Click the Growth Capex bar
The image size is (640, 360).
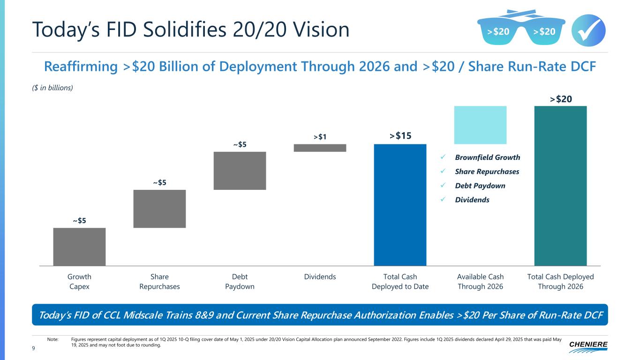coord(79,247)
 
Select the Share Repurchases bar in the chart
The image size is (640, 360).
coord(159,209)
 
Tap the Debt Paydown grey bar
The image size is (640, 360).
coord(240,171)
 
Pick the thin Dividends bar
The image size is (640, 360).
coord(320,148)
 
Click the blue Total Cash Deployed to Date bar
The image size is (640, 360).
coord(400,204)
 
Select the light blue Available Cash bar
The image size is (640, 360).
coord(480,125)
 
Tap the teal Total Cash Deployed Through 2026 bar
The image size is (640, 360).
coord(560,186)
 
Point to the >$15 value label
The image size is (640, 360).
coord(400,136)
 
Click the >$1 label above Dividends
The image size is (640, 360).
coord(320,137)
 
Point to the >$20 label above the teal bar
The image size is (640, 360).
coord(561,99)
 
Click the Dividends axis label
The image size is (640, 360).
coord(320,277)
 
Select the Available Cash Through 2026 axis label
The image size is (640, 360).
coord(480,281)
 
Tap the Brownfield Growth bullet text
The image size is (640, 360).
coord(488,157)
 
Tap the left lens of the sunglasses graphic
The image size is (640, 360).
coord(497,32)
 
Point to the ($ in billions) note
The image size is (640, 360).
coord(53,88)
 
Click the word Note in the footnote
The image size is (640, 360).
coord(53,339)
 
